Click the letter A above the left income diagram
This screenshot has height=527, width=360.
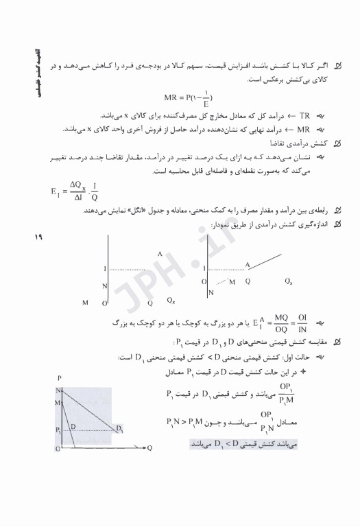click(x=159, y=254)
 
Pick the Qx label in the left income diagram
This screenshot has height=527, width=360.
click(x=170, y=301)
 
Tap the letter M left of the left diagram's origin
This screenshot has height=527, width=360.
click(x=85, y=302)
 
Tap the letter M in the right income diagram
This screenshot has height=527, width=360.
click(x=232, y=281)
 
